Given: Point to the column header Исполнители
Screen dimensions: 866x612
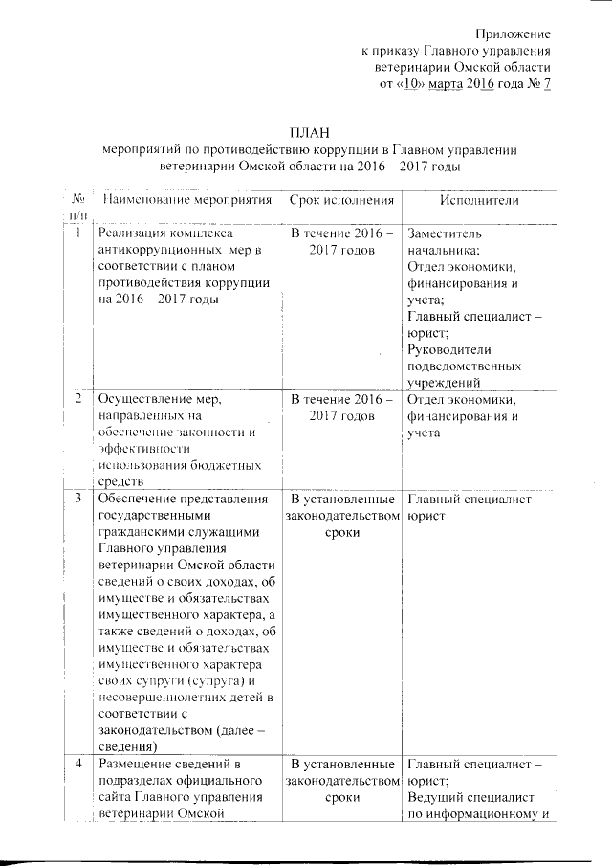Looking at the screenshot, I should click(479, 200).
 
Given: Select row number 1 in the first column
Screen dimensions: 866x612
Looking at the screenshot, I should click(76, 233).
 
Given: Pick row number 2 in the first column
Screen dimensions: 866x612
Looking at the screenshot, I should click(76, 399).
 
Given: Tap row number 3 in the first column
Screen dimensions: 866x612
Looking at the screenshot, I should click(76, 499).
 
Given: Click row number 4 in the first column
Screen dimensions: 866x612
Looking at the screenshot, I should click(76, 764).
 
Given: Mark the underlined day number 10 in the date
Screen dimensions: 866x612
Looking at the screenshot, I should click(406, 84).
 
